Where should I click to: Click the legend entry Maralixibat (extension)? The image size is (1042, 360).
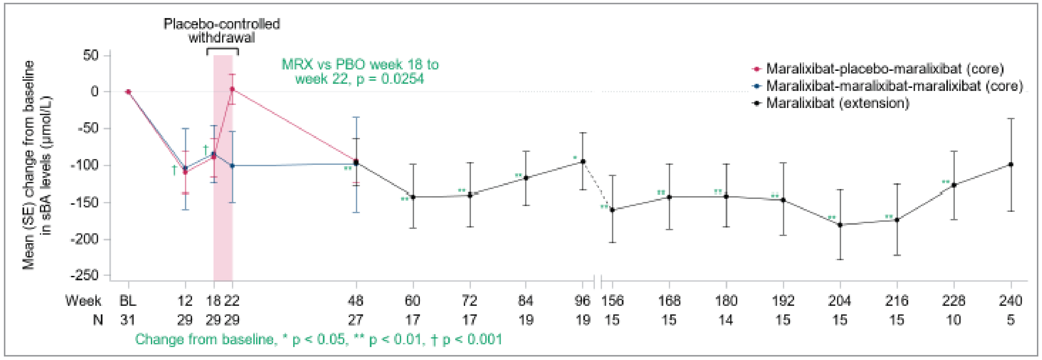837,103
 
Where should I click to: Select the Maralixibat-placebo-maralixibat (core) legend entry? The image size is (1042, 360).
884,69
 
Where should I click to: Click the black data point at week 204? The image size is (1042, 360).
840,225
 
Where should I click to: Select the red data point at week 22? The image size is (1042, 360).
232,89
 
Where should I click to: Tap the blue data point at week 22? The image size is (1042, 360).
232,166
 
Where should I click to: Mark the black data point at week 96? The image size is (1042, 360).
583,161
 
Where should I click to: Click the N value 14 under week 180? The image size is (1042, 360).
726,320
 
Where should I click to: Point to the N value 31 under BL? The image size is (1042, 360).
128,320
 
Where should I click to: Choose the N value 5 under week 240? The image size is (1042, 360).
1010,320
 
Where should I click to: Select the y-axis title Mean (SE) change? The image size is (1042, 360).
28,166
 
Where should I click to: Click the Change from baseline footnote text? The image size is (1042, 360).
318,339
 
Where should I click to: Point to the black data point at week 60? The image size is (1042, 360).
413,197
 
